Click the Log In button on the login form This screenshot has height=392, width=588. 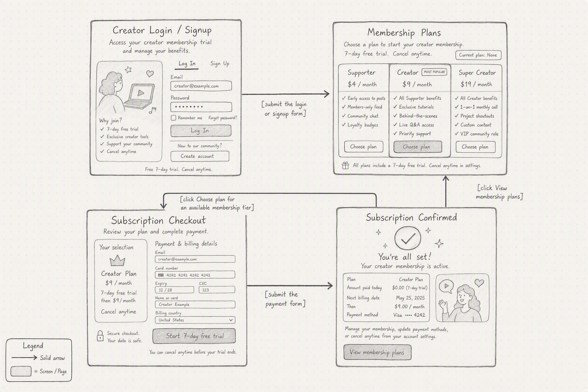(x=201, y=131)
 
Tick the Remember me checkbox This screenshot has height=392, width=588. (x=173, y=118)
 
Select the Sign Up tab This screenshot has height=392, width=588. (x=220, y=64)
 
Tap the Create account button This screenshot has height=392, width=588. (x=200, y=156)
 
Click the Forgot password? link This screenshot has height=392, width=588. (x=222, y=118)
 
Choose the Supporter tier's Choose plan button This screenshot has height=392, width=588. (x=364, y=147)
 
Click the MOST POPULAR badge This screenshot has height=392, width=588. (x=434, y=72)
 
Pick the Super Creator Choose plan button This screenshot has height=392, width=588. (x=475, y=147)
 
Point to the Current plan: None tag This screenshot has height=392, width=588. (x=478, y=55)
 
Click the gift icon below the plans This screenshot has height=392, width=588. (x=345, y=165)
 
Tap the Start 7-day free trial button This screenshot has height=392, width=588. (x=194, y=336)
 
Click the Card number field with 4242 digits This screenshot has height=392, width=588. (x=195, y=275)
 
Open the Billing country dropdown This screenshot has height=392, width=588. (x=195, y=320)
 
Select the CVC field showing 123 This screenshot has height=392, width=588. (x=217, y=290)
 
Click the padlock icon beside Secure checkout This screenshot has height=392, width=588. (x=100, y=336)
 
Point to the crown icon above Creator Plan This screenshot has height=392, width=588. (x=118, y=261)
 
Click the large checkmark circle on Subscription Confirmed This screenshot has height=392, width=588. (x=407, y=238)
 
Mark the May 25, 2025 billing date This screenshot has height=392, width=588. (x=410, y=298)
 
